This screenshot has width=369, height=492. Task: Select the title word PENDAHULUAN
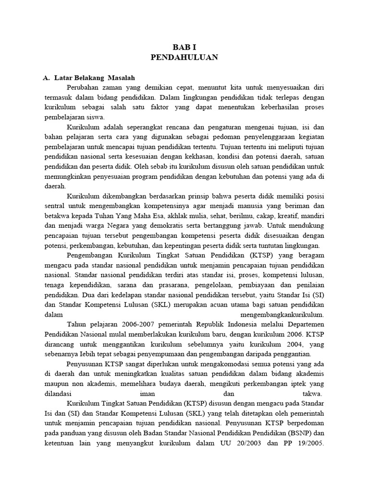pyautogui.click(x=184, y=58)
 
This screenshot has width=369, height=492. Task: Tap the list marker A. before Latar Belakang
pyautogui.click(x=47, y=77)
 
